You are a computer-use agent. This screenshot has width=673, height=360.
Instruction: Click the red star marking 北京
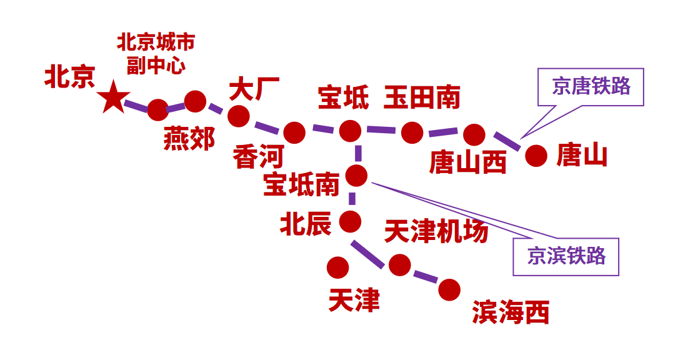(114, 98)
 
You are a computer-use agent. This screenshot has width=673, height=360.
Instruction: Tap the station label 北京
(69, 77)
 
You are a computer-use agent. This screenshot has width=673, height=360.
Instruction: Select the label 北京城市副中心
(156, 54)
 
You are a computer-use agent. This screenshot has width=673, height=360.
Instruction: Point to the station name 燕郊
(189, 138)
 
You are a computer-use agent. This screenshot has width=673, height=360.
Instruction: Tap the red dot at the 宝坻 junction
(350, 131)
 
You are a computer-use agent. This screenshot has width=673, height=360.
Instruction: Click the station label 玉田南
(422, 97)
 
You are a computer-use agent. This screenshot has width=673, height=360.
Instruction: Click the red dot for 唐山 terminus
(536, 156)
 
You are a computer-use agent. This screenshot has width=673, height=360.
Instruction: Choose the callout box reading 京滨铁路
(566, 256)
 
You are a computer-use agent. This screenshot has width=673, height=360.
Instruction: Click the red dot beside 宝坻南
(357, 176)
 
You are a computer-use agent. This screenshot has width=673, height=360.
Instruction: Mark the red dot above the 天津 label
(337, 267)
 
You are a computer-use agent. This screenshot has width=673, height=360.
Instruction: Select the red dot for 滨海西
(449, 289)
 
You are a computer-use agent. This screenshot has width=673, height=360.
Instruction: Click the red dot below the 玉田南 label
(412, 132)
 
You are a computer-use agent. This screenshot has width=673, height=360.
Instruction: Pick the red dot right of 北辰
(350, 221)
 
